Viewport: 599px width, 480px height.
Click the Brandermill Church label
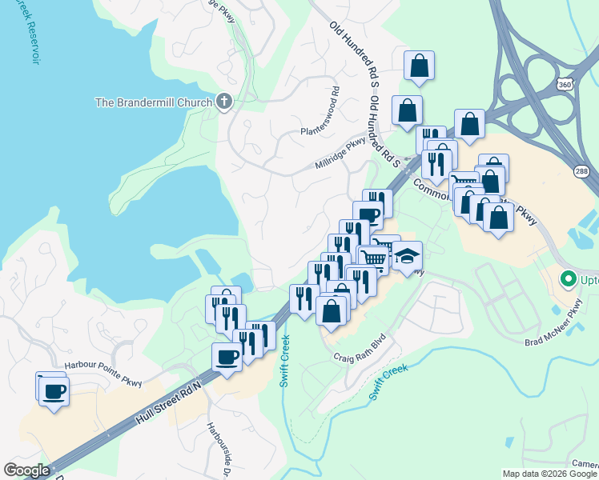(x=153, y=102)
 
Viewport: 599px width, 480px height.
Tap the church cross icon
(x=224, y=102)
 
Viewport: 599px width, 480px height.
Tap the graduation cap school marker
(x=408, y=256)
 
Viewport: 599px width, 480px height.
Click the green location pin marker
(x=569, y=279)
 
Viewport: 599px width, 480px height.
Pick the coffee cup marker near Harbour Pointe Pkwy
(x=54, y=391)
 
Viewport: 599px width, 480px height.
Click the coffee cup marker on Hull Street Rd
(x=227, y=357)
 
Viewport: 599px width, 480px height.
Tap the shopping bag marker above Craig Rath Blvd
(x=332, y=310)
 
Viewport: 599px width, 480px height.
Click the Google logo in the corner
(x=26, y=470)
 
